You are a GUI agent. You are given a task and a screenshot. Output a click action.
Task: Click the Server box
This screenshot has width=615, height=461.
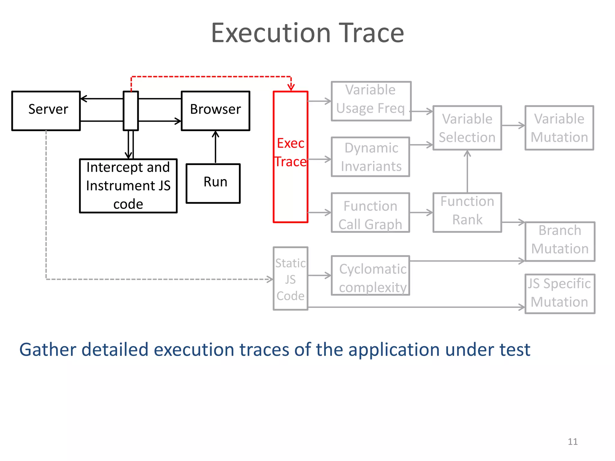[46, 110]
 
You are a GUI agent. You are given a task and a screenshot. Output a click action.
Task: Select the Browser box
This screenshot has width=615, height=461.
[215, 110]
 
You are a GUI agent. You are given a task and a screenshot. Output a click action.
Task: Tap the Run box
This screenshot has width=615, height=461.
[213, 183]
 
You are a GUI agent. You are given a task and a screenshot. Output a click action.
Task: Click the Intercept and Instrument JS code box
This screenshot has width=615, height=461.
[128, 186]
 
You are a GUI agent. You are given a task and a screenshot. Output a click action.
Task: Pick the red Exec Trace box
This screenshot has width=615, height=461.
[290, 157]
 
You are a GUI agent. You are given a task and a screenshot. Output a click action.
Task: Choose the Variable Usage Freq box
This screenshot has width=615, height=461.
[371, 101]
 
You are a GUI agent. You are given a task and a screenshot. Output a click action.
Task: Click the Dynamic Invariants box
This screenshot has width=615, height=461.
[370, 157]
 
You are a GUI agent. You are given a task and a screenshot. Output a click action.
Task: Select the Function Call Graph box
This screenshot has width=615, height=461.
[370, 212]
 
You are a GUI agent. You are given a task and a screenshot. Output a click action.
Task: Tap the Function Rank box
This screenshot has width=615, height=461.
[467, 212]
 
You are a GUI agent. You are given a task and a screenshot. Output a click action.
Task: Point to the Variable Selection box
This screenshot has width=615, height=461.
[467, 128]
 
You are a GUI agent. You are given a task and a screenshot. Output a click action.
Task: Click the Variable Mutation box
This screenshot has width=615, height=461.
[559, 128]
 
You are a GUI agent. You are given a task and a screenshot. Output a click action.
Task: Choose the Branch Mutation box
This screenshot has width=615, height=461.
[560, 241]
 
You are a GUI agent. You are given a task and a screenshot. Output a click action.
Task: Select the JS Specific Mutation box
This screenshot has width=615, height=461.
[560, 294]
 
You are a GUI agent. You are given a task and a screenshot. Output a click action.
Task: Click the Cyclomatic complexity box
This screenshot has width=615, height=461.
[370, 275]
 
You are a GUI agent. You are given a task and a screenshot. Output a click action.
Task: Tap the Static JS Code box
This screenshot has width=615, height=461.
[290, 279]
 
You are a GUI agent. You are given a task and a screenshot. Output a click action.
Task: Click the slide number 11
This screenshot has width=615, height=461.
[572, 441]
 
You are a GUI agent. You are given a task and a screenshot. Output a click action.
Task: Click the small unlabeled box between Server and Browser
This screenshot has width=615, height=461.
[131, 110]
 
